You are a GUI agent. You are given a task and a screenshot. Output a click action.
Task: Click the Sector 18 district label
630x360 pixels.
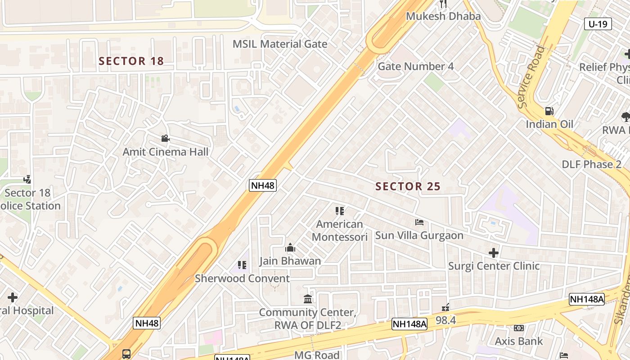(131, 61)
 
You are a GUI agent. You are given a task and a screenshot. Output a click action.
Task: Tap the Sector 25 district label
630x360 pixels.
(408, 186)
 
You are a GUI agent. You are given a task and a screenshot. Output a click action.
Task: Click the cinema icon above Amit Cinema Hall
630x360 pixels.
(165, 138)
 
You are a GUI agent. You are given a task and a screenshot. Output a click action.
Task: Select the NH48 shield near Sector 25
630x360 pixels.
(262, 185)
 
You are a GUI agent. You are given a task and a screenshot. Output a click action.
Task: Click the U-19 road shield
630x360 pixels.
(598, 24)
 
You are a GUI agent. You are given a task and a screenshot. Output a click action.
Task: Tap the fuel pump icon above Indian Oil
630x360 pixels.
(549, 111)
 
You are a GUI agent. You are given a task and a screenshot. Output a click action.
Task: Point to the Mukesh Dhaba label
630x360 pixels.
(443, 16)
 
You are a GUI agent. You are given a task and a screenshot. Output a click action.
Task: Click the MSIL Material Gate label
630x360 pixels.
(279, 44)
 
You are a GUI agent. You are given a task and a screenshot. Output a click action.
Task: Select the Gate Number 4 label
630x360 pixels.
(415, 67)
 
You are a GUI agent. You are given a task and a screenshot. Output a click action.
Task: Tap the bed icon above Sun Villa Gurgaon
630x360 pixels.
(419, 222)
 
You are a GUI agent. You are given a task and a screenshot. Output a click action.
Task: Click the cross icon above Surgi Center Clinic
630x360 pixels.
(493, 253)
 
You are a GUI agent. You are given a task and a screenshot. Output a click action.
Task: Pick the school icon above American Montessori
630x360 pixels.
(339, 211)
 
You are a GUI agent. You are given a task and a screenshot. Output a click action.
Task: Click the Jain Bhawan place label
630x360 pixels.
(290, 261)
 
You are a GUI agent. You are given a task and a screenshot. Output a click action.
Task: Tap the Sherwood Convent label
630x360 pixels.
(242, 279)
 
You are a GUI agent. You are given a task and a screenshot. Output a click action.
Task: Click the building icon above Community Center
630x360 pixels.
(308, 299)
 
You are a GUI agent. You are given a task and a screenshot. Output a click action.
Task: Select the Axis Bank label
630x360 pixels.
(519, 341)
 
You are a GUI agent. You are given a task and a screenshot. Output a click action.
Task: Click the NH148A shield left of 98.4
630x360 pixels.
(409, 324)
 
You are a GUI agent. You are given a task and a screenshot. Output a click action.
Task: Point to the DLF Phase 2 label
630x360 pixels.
(591, 164)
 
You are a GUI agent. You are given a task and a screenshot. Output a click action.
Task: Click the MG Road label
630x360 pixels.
(317, 355)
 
